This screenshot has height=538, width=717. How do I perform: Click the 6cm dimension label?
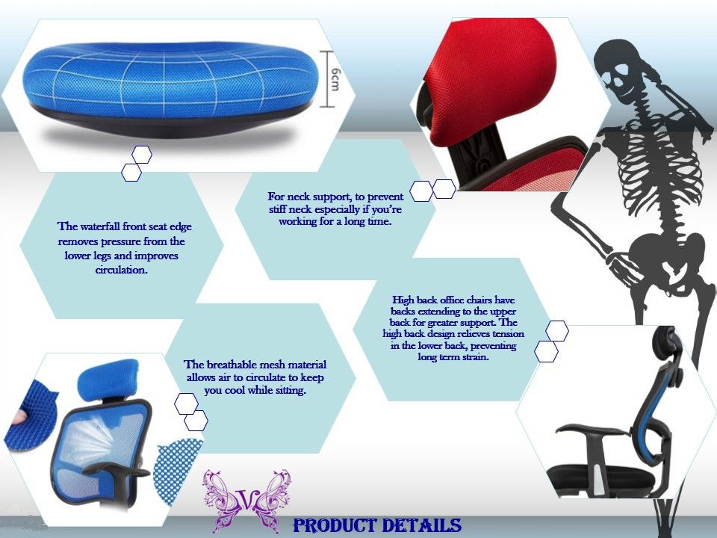point(335,78)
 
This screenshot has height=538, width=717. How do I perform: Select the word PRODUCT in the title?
point(335,525)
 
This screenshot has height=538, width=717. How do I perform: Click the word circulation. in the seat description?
point(121,270)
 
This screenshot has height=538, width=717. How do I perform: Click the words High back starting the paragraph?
point(415,300)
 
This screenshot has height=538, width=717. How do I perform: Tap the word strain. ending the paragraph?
point(475,357)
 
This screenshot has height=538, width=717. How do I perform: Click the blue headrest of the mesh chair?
point(108,380)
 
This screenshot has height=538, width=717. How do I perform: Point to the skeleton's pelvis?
point(663,256)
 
